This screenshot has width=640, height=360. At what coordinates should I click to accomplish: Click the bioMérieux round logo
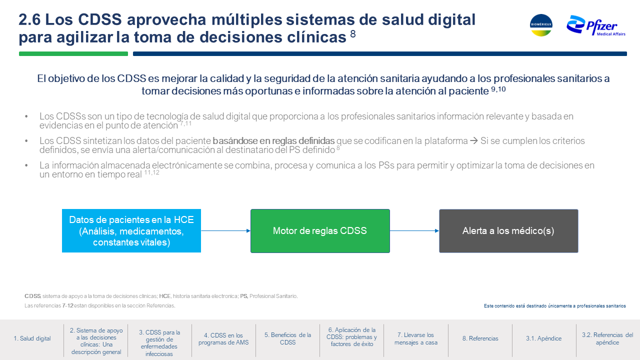coord(541,25)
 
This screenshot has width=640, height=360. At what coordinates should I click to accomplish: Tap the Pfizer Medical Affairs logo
coord(596,26)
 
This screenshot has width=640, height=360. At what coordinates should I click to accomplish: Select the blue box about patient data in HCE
coord(131,231)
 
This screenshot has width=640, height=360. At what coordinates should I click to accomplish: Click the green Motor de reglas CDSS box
coord(320,231)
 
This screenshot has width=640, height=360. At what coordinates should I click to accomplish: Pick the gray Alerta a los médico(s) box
coord(508,231)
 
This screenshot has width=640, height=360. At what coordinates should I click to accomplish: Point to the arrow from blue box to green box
coord(225,231)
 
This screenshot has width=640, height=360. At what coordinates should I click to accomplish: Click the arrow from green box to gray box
coord(414,231)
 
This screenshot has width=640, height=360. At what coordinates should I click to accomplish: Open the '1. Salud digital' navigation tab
coord(32,338)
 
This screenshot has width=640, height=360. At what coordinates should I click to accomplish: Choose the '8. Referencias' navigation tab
coord(480,338)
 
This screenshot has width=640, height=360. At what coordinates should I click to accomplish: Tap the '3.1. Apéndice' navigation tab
coord(543,338)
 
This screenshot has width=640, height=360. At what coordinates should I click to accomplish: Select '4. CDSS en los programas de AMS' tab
coord(223,339)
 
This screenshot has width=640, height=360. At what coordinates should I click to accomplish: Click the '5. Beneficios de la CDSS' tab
coord(287,338)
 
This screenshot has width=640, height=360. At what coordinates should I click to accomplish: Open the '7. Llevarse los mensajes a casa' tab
coord(415,338)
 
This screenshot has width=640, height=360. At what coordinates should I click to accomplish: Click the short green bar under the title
coord(73,53)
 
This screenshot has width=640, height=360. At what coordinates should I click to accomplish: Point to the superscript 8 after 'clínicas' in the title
coord(353,34)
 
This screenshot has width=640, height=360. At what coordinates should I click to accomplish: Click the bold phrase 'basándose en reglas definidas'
coord(273,141)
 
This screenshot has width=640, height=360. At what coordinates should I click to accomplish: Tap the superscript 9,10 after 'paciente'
coord(498,89)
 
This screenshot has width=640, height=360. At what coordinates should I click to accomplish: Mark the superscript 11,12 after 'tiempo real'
coord(151,172)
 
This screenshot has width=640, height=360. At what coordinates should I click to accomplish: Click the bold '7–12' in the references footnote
coord(67,305)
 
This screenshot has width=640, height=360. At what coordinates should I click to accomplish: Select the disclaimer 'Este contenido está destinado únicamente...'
coord(555,306)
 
